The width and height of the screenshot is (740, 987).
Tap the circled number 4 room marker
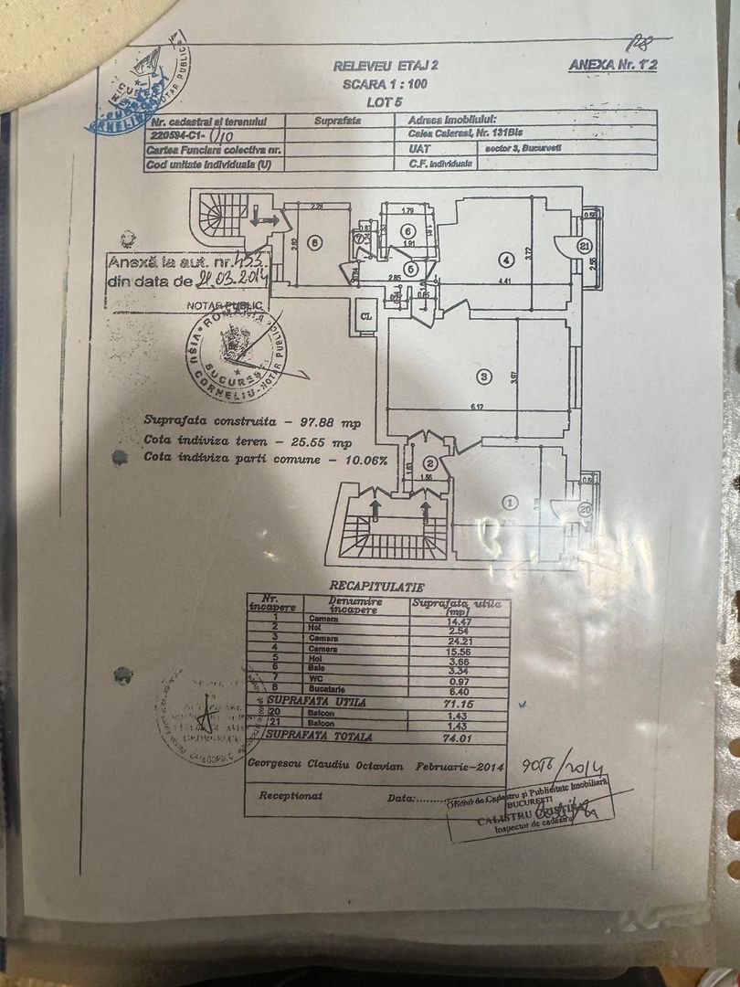504,259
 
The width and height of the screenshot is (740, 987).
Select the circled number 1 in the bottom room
511,502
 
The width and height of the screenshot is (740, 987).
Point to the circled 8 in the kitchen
313,244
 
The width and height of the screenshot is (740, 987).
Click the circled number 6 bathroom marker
408,230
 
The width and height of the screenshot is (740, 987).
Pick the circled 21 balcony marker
584,245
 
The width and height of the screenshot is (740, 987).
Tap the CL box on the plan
365,315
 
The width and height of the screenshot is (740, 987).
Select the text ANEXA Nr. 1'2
613,65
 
